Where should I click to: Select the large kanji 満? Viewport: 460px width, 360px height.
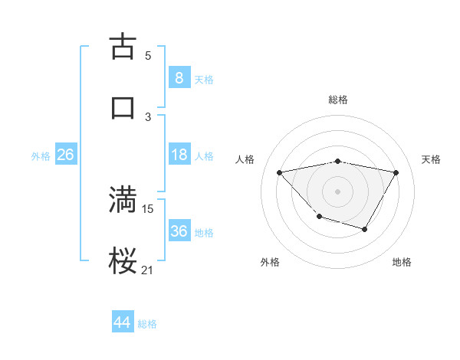tap(123, 198)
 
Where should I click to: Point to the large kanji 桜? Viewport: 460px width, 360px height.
tap(123, 260)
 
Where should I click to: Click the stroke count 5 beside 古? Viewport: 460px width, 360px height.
tap(148, 55)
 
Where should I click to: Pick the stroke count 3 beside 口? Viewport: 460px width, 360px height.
tap(148, 116)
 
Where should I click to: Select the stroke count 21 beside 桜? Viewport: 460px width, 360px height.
tap(148, 270)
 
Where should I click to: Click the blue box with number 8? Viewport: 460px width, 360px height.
tap(179, 77)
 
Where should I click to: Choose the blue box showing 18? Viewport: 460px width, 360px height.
tap(179, 155)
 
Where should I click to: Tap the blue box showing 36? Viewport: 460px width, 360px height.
tap(179, 231)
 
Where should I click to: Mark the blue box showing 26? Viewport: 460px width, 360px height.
tap(65, 155)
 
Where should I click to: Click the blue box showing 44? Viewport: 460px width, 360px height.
tap(123, 322)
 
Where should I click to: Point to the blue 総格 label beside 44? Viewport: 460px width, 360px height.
tap(147, 324)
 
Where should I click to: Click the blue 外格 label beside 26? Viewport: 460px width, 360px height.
tap(41, 156)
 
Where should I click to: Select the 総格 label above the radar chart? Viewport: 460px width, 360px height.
tap(337, 100)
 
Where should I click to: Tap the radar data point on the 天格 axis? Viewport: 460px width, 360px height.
tap(396, 172)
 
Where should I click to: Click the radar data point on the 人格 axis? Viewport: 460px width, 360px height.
tap(279, 172)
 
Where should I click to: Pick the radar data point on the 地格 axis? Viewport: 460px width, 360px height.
tap(365, 229)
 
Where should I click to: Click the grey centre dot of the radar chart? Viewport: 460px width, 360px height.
tap(337, 191)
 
